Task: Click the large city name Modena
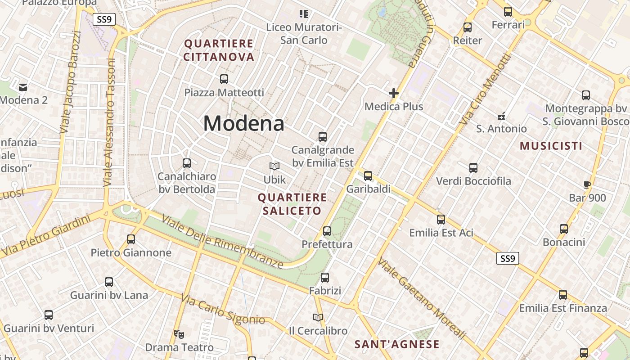(244, 123)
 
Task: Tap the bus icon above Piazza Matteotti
(224, 79)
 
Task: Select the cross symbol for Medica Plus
(394, 93)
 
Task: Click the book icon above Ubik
(274, 166)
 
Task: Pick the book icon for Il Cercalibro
(318, 318)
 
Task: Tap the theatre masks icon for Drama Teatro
(179, 334)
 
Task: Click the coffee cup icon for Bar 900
(587, 184)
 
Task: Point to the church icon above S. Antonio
(501, 116)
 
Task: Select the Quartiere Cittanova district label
(219, 50)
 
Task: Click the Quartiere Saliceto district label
(292, 204)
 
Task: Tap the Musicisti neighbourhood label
(551, 146)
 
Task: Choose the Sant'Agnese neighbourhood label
(397, 345)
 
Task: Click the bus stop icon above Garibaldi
(368, 175)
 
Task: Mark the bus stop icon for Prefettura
(327, 231)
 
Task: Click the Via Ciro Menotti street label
(486, 90)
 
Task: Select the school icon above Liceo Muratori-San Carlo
(304, 14)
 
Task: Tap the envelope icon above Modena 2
(23, 86)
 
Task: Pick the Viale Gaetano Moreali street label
(422, 298)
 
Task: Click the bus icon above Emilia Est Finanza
(563, 295)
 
